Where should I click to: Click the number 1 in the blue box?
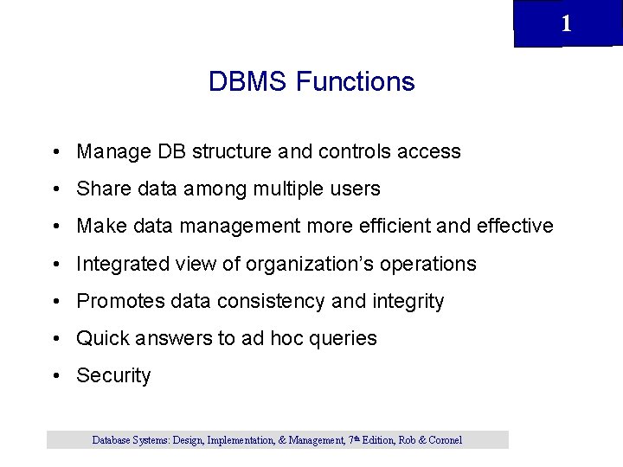point(566,23)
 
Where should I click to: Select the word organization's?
point(302,264)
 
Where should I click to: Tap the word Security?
point(113,375)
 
